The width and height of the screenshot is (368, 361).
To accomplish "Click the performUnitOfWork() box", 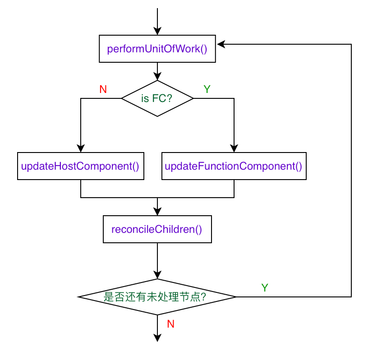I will point(157,49).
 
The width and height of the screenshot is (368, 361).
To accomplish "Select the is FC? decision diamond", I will point(157,98).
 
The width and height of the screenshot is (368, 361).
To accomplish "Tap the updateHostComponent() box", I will point(81,166).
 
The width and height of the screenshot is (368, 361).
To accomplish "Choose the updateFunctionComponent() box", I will point(234,166).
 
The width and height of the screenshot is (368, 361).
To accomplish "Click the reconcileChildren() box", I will point(157,229).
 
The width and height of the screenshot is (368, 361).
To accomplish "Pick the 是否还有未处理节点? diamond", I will point(157,296).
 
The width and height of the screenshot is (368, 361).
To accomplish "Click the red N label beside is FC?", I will point(103,89).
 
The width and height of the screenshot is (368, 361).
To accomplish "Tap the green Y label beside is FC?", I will point(207,89).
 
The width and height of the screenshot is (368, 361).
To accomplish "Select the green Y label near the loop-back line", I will point(265,288).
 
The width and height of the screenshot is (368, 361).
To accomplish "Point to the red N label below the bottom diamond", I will point(170,324).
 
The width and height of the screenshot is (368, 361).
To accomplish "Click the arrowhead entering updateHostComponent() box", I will point(81,148).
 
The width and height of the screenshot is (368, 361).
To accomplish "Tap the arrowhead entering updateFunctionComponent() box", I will point(234,148).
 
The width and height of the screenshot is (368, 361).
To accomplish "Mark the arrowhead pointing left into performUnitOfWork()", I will point(221,44).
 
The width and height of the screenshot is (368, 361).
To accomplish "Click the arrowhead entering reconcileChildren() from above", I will point(157,212).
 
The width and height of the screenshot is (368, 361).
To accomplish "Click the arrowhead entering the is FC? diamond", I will point(157,76).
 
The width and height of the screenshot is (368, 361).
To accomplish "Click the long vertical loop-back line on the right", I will point(351,171).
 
